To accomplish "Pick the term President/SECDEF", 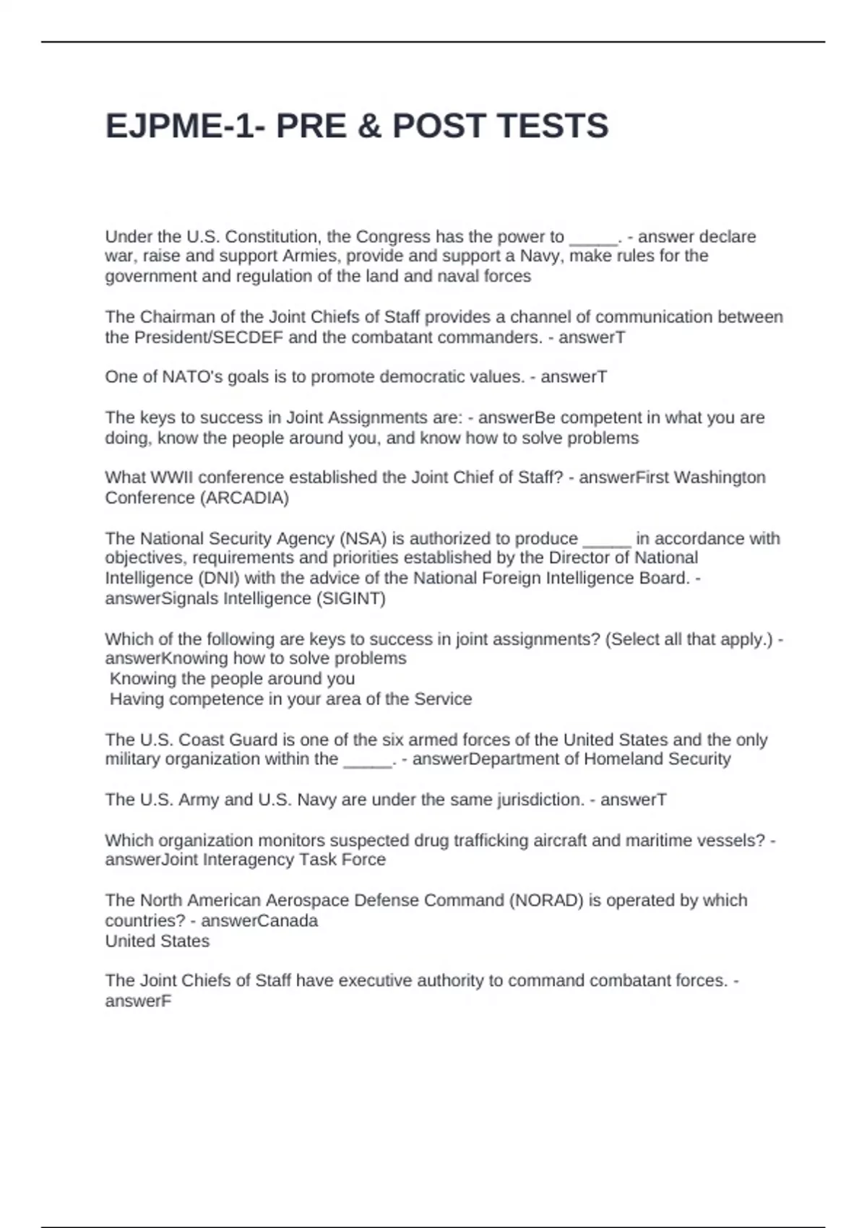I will click(x=194, y=337).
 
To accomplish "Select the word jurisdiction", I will click(x=540, y=800).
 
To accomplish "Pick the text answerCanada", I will click(x=259, y=921).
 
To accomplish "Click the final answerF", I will click(x=138, y=1001).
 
